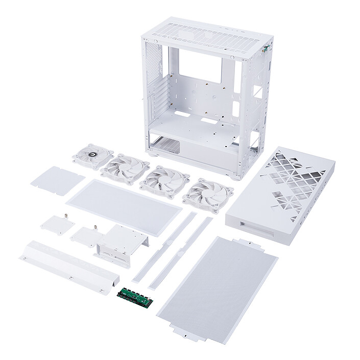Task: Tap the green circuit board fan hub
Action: click(x=135, y=294)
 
